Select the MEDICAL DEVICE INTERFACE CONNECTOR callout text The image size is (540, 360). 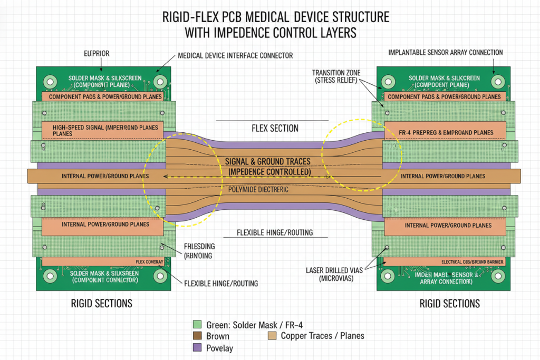(x=235, y=55)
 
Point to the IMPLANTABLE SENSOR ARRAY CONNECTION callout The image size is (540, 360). (x=445, y=53)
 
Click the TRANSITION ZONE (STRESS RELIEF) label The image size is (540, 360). (x=335, y=76)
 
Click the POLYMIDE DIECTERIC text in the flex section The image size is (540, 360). (x=258, y=189)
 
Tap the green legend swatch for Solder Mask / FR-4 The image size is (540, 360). (x=198, y=324)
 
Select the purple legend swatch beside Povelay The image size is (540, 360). (x=198, y=348)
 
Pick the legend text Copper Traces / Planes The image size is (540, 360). (x=322, y=336)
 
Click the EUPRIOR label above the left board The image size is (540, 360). (x=97, y=54)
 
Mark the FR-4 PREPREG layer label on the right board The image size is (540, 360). (x=446, y=132)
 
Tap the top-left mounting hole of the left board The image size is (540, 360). (x=51, y=81)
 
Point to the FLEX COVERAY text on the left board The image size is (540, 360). (x=149, y=261)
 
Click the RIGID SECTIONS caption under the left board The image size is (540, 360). (x=101, y=304)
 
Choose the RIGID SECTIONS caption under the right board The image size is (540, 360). (x=449, y=304)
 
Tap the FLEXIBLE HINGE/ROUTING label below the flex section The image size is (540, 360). (x=275, y=232)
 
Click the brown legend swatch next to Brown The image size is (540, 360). (x=198, y=336)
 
